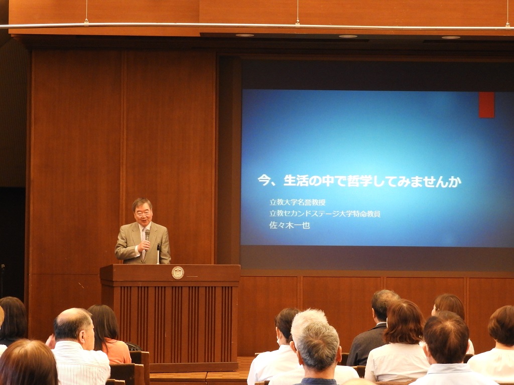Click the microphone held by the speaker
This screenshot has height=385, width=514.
pos(147,236)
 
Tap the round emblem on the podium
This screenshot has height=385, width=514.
pos(178,273)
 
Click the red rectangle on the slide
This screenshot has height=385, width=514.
pos(486,105)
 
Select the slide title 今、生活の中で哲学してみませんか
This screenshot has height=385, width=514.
pos(359,180)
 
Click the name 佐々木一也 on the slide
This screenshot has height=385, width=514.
pos(290,225)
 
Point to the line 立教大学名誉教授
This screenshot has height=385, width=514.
pos(297,202)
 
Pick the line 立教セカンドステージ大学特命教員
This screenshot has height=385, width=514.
pos(325,214)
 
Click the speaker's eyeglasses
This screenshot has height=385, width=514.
pos(143,213)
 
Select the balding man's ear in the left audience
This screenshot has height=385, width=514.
pos(83,334)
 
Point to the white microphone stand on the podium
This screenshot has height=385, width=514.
pos(158,254)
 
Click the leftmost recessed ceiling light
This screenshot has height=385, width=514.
pos(244,35)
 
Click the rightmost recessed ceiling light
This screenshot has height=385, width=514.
pos(451,37)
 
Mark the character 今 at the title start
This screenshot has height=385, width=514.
pos(264,180)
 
